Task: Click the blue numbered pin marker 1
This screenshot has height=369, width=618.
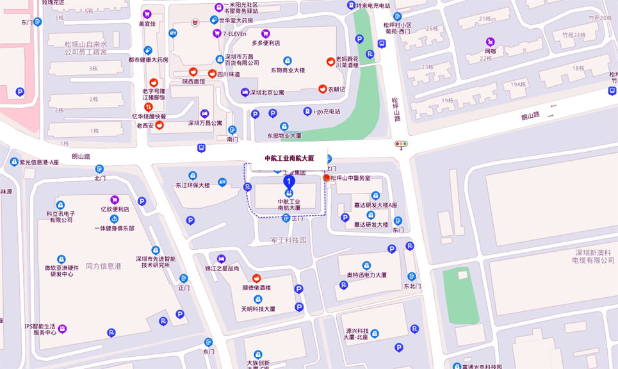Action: [x=289, y=182]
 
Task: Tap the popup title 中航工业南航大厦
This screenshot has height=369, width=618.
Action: [x=289, y=158]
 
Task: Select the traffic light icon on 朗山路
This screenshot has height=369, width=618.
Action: [x=402, y=145]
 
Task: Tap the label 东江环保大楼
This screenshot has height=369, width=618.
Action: [x=193, y=185]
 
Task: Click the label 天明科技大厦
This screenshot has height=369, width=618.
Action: [x=258, y=308]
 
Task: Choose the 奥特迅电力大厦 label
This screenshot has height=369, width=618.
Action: [x=366, y=275]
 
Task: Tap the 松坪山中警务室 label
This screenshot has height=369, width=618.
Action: [x=350, y=178]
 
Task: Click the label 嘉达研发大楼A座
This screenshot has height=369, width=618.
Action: [x=376, y=205]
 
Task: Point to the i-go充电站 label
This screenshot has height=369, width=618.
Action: [x=326, y=111]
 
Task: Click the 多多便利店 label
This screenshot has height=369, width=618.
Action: [x=266, y=43]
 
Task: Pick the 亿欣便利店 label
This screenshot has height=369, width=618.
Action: [x=115, y=209]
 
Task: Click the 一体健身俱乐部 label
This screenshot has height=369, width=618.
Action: [x=114, y=228]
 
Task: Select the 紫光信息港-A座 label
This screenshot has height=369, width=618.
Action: [x=38, y=162]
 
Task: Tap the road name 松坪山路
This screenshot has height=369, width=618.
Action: [x=396, y=110]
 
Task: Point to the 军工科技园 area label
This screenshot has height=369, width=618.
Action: [x=288, y=240]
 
